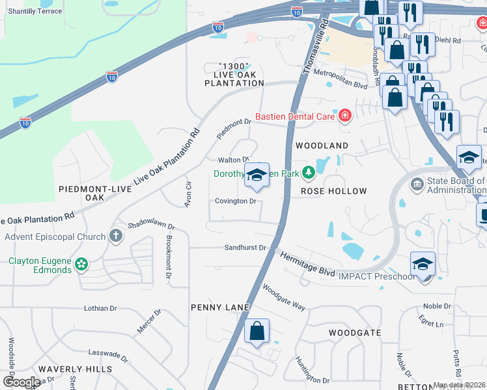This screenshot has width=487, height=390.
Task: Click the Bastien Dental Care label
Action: click(x=294, y=116)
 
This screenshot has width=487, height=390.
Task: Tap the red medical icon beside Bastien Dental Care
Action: click(x=344, y=116)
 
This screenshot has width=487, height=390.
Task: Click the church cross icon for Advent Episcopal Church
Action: click(x=116, y=236)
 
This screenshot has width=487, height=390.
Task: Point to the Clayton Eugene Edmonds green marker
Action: click(x=81, y=264)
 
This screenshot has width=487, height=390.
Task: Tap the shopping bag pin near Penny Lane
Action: click(x=257, y=331)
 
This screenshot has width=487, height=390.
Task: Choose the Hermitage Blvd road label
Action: click(x=307, y=263)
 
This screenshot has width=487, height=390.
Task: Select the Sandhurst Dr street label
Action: click(x=245, y=248)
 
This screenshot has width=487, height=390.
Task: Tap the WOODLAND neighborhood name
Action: click(x=322, y=146)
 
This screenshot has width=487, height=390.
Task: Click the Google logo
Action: click(x=21, y=382)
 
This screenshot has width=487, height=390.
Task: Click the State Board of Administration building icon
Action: click(x=417, y=185)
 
